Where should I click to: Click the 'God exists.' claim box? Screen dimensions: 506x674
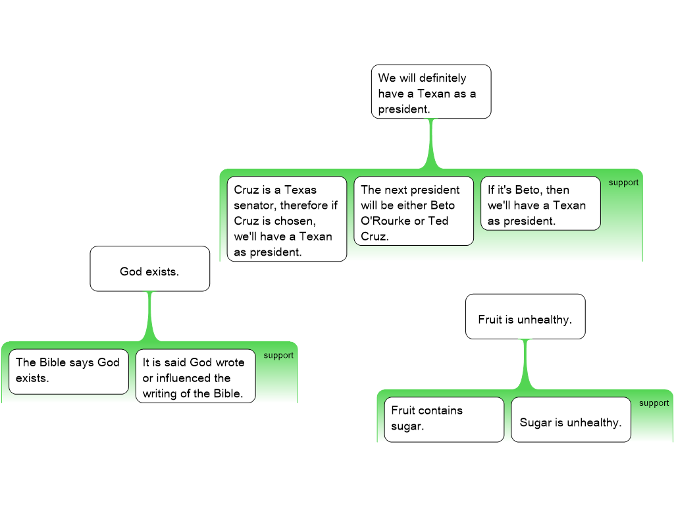[149, 269]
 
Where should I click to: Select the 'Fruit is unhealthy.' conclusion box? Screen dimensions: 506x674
[525, 317]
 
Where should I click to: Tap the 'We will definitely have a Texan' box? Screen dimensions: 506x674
[431, 92]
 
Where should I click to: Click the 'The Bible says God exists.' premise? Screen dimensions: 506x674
[68, 372]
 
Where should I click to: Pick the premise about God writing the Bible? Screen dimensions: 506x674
[195, 376]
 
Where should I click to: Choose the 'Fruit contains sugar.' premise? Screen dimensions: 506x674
[444, 419]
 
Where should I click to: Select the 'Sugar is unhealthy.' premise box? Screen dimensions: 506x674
[571, 420]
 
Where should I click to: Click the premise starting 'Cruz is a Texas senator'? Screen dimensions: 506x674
[287, 219]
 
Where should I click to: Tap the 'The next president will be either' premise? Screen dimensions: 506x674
[413, 211]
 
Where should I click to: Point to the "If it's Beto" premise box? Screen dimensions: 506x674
[540, 204]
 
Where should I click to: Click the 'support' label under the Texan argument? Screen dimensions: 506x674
[623, 183]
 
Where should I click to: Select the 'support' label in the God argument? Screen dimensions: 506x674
[278, 355]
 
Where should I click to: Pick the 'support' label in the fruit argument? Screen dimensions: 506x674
[654, 403]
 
